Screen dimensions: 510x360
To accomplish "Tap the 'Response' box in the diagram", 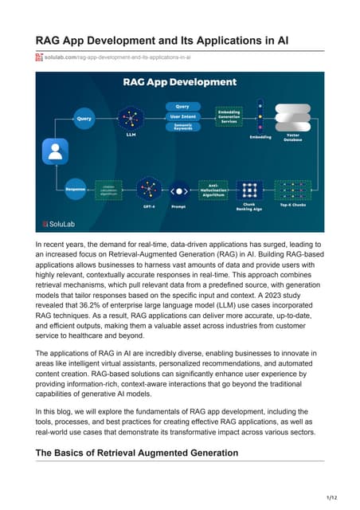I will pos(76,190).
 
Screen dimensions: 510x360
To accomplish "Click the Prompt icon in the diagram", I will pos(180,191).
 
